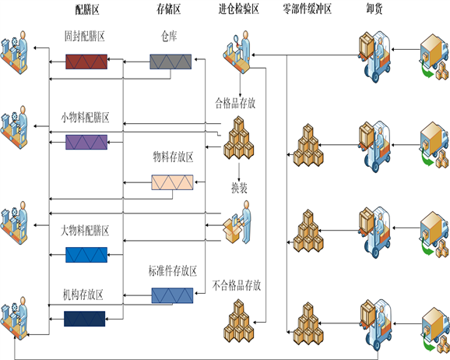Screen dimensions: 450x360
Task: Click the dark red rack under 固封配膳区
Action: tap(86, 62)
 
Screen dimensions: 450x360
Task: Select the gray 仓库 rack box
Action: tap(171, 62)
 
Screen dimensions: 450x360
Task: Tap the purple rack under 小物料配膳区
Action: tap(86, 142)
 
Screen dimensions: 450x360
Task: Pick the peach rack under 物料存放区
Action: tap(172, 182)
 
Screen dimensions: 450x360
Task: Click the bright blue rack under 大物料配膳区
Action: tap(86, 255)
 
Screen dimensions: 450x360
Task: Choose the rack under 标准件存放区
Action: tap(172, 295)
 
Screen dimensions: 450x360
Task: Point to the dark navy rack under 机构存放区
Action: tap(84, 319)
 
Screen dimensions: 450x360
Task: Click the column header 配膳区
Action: tap(87, 9)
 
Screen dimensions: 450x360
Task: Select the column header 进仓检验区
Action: tap(239, 9)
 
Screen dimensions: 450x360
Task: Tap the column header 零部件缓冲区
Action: tap(307, 9)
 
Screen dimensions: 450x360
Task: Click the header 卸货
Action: tap(374, 9)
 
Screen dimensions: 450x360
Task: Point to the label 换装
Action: tap(239, 188)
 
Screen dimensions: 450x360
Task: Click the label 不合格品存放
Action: tap(237, 286)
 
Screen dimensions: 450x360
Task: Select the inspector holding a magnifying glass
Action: tap(237, 51)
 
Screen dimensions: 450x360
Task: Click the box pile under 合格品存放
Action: tap(239, 138)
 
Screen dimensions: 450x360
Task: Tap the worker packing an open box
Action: tap(237, 222)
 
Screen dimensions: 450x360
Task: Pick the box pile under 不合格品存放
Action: tap(238, 320)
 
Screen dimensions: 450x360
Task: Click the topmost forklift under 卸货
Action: tap(374, 57)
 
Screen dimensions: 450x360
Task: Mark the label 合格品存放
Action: tap(235, 103)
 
